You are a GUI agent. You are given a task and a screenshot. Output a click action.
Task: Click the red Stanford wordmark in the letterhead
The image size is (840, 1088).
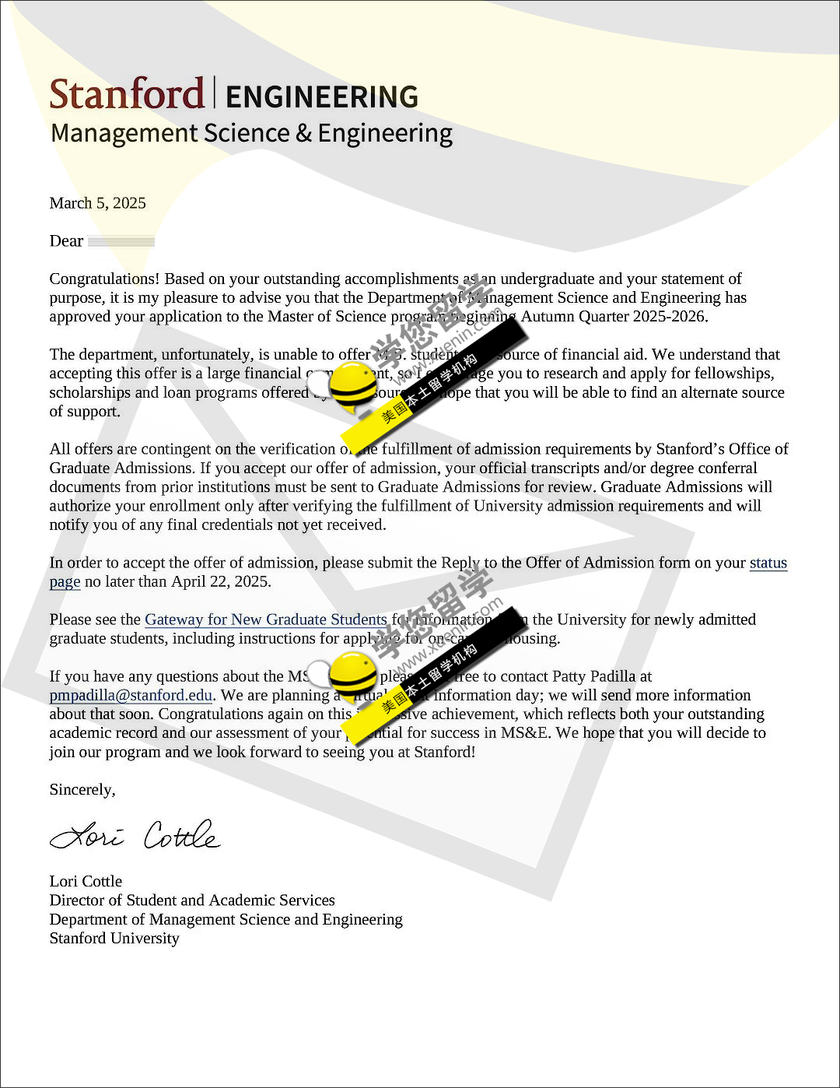point(127,94)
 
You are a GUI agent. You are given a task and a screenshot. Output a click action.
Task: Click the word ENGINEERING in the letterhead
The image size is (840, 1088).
point(322,97)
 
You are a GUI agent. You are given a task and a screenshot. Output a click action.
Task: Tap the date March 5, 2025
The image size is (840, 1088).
point(97,203)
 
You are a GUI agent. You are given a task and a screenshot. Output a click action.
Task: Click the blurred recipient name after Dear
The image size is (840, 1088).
point(121,241)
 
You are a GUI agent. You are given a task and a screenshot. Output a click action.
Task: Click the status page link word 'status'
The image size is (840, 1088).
point(768,563)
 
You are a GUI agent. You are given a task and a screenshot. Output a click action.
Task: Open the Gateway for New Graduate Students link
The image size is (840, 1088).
point(265,619)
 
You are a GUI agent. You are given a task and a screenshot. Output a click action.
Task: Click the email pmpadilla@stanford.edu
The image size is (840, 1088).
point(131,695)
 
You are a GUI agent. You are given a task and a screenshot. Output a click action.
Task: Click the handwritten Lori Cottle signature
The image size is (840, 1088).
point(135,836)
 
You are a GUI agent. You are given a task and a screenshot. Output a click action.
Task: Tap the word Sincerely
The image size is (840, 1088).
point(82,789)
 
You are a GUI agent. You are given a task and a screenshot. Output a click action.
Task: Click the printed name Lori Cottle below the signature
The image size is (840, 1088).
point(86,881)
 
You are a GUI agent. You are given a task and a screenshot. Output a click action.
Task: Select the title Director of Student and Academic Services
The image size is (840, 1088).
point(192,900)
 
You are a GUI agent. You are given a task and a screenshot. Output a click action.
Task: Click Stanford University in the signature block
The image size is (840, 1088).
point(114,938)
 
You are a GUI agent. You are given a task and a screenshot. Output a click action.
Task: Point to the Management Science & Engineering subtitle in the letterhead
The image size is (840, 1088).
point(251,134)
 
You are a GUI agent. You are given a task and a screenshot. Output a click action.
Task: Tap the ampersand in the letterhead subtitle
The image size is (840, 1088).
point(303,134)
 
